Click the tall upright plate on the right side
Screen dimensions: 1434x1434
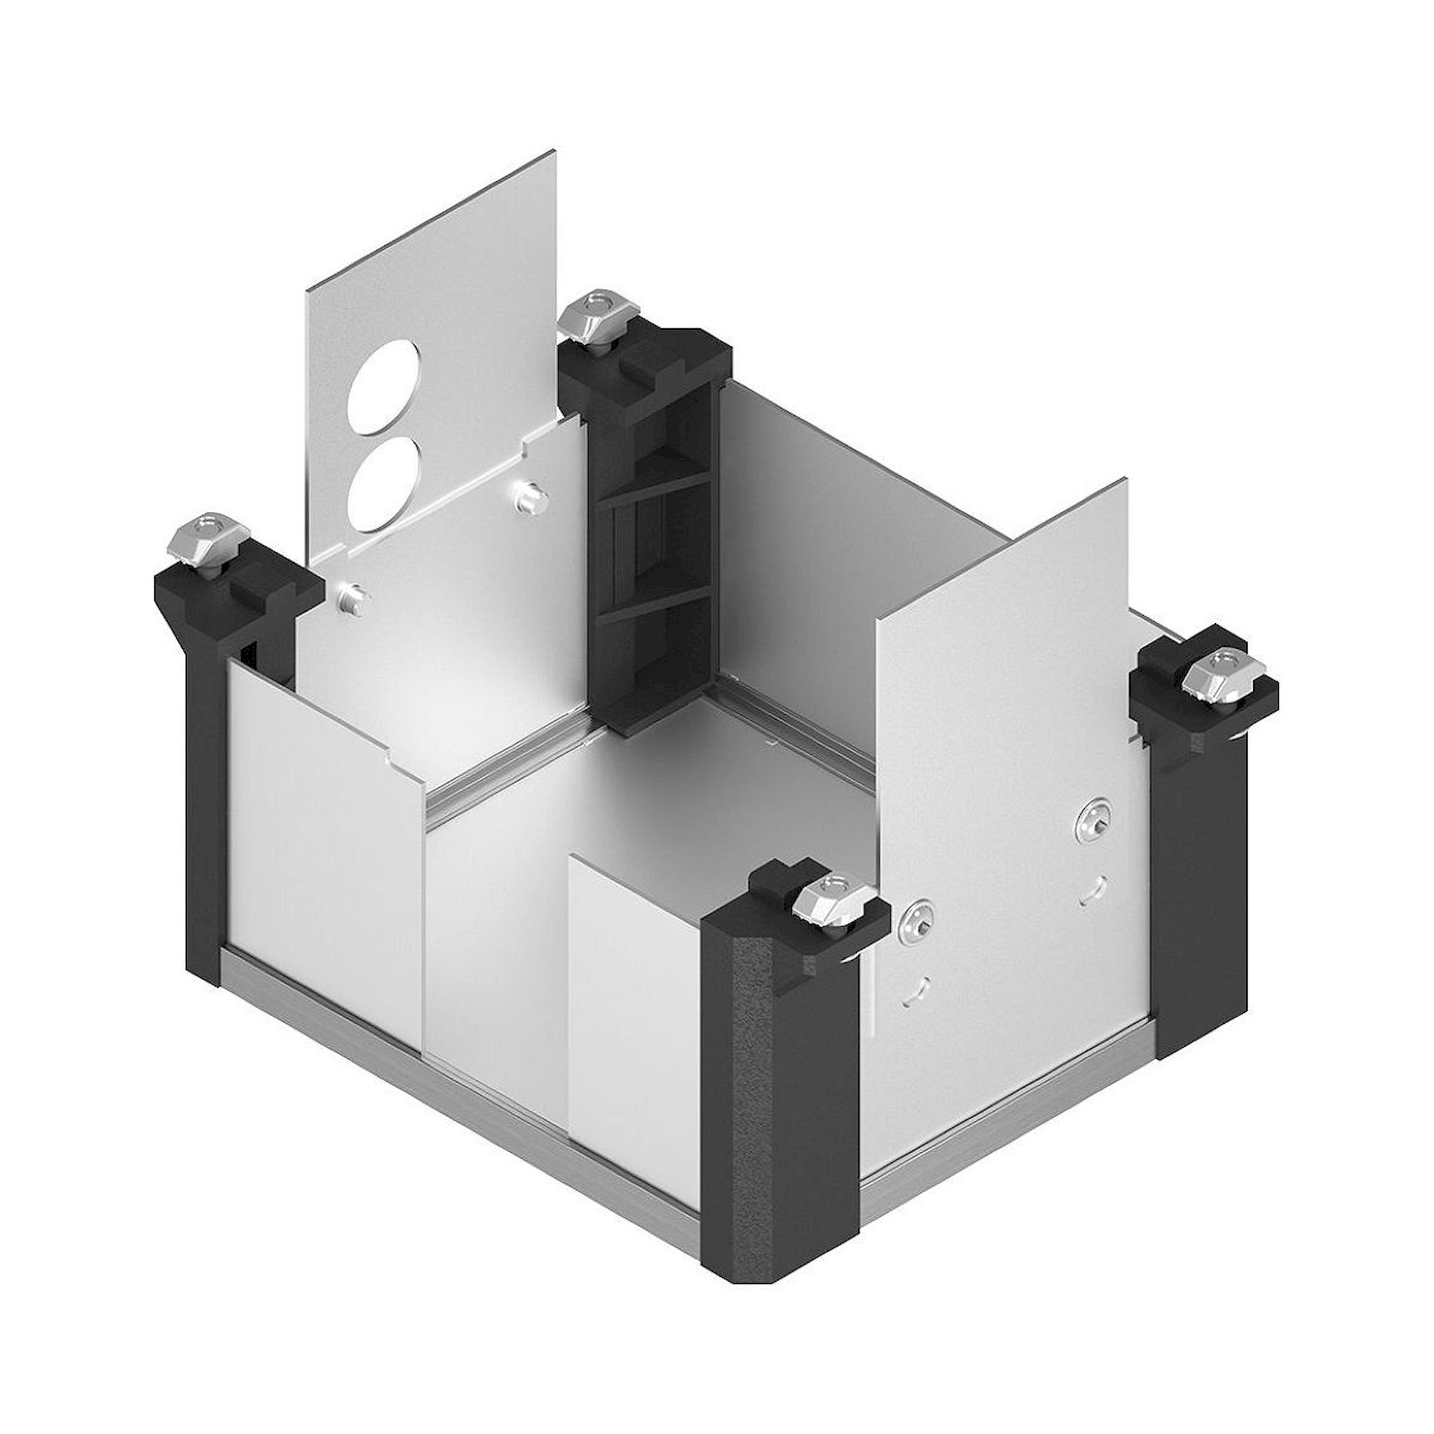point(1002,668)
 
